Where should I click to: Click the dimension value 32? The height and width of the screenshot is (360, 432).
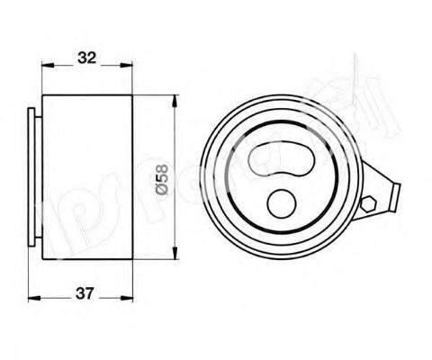(x=86, y=58)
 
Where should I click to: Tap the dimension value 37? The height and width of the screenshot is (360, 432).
(x=86, y=294)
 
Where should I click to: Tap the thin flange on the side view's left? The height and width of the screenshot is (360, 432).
(x=34, y=180)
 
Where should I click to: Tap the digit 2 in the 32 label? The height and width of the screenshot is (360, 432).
(x=92, y=58)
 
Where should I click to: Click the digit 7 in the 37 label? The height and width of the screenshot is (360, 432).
(x=92, y=294)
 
